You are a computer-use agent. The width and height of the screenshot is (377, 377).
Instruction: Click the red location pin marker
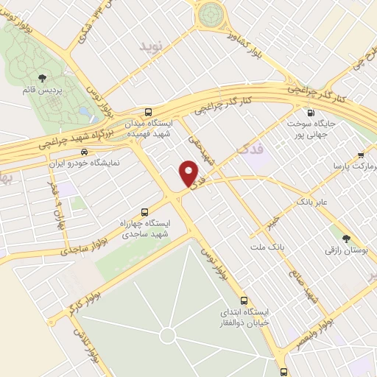[x=190, y=175]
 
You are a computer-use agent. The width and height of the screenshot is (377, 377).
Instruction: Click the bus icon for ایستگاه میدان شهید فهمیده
[x=149, y=112]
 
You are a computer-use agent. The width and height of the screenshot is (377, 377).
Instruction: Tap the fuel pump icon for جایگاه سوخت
[x=310, y=113]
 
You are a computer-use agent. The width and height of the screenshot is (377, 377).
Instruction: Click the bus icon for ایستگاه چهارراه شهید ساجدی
[x=144, y=209]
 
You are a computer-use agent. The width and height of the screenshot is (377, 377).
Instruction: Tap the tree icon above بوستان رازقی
[x=345, y=238]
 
